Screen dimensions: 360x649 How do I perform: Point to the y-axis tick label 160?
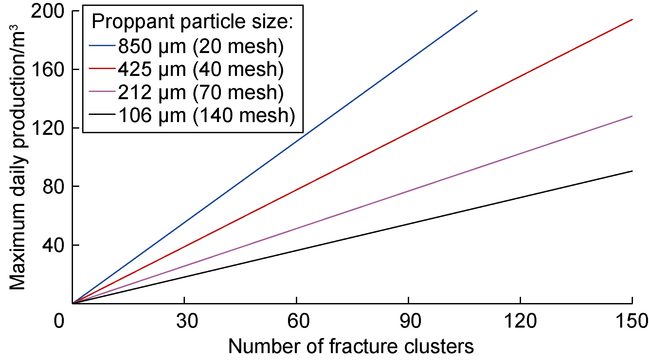pyautogui.click(x=47, y=70)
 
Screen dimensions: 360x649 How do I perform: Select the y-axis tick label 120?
pyautogui.click(x=47, y=128)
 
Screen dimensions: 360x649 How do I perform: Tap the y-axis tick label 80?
pyautogui.click(x=53, y=187)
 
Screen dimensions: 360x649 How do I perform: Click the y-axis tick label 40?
pyautogui.click(x=53, y=245)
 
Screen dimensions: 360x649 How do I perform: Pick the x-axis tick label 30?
pyautogui.click(x=187, y=321)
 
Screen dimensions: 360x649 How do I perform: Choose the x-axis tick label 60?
pyautogui.click(x=298, y=321)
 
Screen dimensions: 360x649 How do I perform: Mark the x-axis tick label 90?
pyautogui.click(x=410, y=321)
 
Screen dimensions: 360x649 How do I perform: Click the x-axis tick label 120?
pyautogui.click(x=520, y=321)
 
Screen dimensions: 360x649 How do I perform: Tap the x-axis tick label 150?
pyautogui.click(x=632, y=321)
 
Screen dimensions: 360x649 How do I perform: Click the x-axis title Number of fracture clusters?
pyautogui.click(x=351, y=346)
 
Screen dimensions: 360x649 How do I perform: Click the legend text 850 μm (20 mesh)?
pyautogui.click(x=201, y=46)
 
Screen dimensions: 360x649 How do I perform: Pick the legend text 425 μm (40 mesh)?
pyautogui.click(x=201, y=69)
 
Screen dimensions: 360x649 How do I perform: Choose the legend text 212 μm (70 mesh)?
pyautogui.click(x=201, y=92)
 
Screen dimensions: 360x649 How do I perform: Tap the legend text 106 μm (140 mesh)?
pyautogui.click(x=207, y=116)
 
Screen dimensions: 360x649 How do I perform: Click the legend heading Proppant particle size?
pyautogui.click(x=192, y=22)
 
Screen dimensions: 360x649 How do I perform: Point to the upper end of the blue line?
pyautogui.click(x=477, y=11)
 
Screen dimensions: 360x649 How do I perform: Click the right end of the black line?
pyautogui.click(x=632, y=171)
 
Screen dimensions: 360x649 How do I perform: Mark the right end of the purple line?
pyautogui.click(x=632, y=116)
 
